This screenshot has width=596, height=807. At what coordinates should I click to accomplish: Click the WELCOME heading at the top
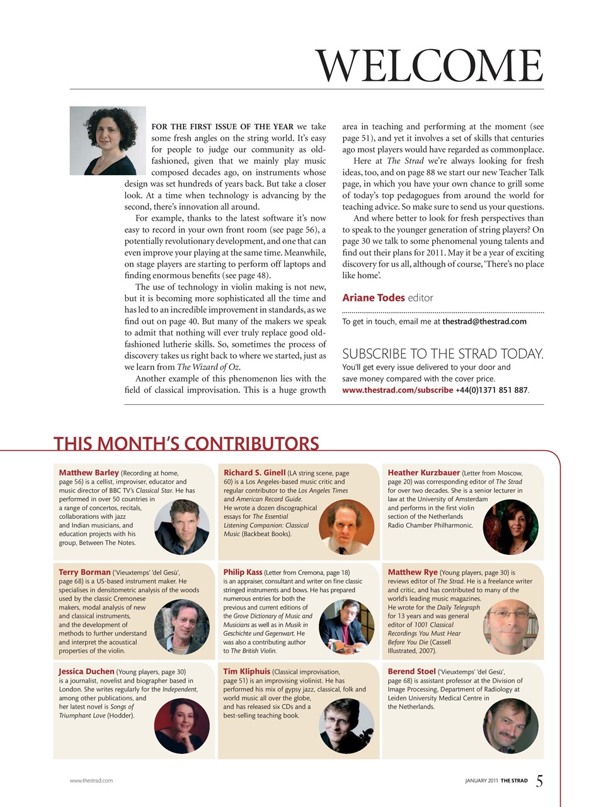click(429, 66)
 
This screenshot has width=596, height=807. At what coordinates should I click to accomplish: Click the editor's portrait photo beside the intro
click(108, 141)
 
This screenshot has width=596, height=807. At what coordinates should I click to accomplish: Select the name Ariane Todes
click(373, 298)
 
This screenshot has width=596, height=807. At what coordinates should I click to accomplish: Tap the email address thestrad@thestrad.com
click(484, 322)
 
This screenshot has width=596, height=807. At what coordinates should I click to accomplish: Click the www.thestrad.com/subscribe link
click(397, 390)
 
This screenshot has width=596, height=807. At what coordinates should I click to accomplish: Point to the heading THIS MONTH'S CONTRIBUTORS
click(186, 444)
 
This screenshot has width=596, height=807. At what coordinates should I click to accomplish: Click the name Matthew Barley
click(89, 472)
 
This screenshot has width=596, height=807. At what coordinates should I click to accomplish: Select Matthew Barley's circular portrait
click(181, 527)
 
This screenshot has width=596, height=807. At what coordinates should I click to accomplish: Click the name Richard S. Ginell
click(255, 472)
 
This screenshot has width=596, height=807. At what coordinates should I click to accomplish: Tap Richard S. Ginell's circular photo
click(347, 527)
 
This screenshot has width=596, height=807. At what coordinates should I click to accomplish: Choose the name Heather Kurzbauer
click(424, 472)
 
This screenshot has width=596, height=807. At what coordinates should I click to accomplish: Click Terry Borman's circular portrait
click(181, 627)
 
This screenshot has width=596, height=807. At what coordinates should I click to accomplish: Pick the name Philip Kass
click(243, 572)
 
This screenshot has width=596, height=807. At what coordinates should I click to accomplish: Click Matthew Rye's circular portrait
click(510, 627)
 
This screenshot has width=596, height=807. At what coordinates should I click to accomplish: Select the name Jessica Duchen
click(87, 671)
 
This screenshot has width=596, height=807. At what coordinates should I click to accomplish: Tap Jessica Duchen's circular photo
click(181, 726)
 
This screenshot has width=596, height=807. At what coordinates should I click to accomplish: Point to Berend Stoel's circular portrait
click(510, 726)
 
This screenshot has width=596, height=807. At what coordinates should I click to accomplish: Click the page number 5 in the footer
click(539, 781)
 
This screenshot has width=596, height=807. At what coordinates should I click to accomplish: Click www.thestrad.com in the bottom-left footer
click(91, 781)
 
